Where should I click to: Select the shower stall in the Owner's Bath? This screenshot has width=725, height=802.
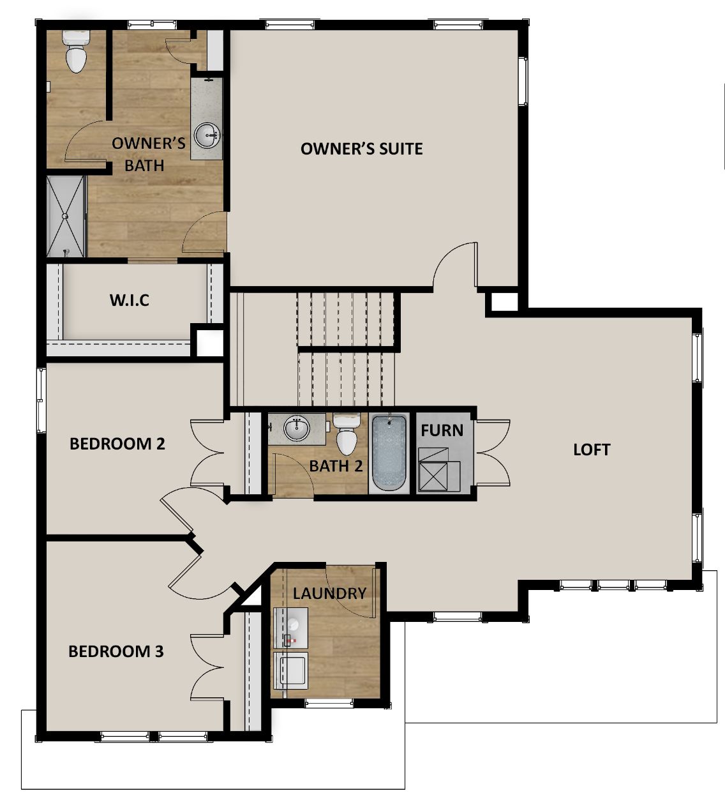point(66,216)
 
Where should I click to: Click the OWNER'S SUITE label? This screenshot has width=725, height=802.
point(361,149)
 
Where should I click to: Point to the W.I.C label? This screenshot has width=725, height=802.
point(129,299)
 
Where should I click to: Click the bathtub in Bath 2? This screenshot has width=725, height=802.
point(389,453)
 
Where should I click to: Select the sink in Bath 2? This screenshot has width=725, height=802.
point(296,428)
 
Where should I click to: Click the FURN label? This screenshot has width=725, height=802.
point(442,430)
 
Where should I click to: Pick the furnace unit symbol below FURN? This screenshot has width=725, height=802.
point(439,470)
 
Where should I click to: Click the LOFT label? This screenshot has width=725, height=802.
point(591,450)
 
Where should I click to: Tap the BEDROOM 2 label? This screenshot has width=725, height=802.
point(117,443)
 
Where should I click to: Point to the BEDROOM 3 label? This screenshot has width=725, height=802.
point(116,651)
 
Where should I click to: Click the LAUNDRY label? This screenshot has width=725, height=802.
point(329,593)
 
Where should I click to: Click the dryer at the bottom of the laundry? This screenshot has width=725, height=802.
point(290,670)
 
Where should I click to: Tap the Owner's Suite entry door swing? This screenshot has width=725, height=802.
point(454,265)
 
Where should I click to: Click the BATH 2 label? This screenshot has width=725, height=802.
point(336,465)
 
